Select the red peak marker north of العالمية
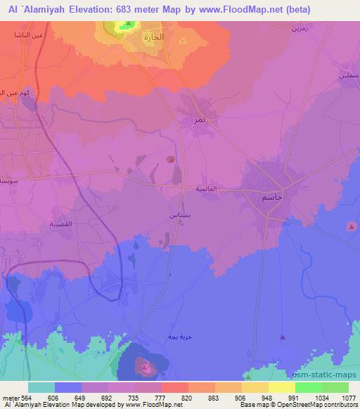click(172, 160)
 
